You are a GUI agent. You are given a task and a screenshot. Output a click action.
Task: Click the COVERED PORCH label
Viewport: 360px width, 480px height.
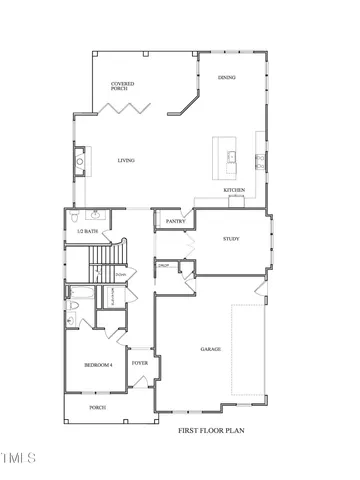[123, 87]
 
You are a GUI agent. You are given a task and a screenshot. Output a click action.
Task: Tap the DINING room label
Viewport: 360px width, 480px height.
[226, 77]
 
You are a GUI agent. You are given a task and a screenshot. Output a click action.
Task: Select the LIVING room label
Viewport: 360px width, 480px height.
[127, 161]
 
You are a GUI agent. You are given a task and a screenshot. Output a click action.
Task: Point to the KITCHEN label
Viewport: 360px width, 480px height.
[234, 190]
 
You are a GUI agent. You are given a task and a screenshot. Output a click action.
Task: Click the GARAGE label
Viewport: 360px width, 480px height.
[210, 349]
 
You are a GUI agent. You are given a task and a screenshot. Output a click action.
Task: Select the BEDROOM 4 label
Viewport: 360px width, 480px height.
[97, 365]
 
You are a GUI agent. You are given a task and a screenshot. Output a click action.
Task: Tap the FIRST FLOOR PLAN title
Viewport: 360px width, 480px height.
[212, 431]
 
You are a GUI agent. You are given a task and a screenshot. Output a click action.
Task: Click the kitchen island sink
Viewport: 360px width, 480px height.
[229, 156]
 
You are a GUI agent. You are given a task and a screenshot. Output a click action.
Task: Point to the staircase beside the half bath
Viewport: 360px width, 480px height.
[102, 267]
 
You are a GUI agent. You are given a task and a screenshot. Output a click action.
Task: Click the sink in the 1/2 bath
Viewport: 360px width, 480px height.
[96, 215]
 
